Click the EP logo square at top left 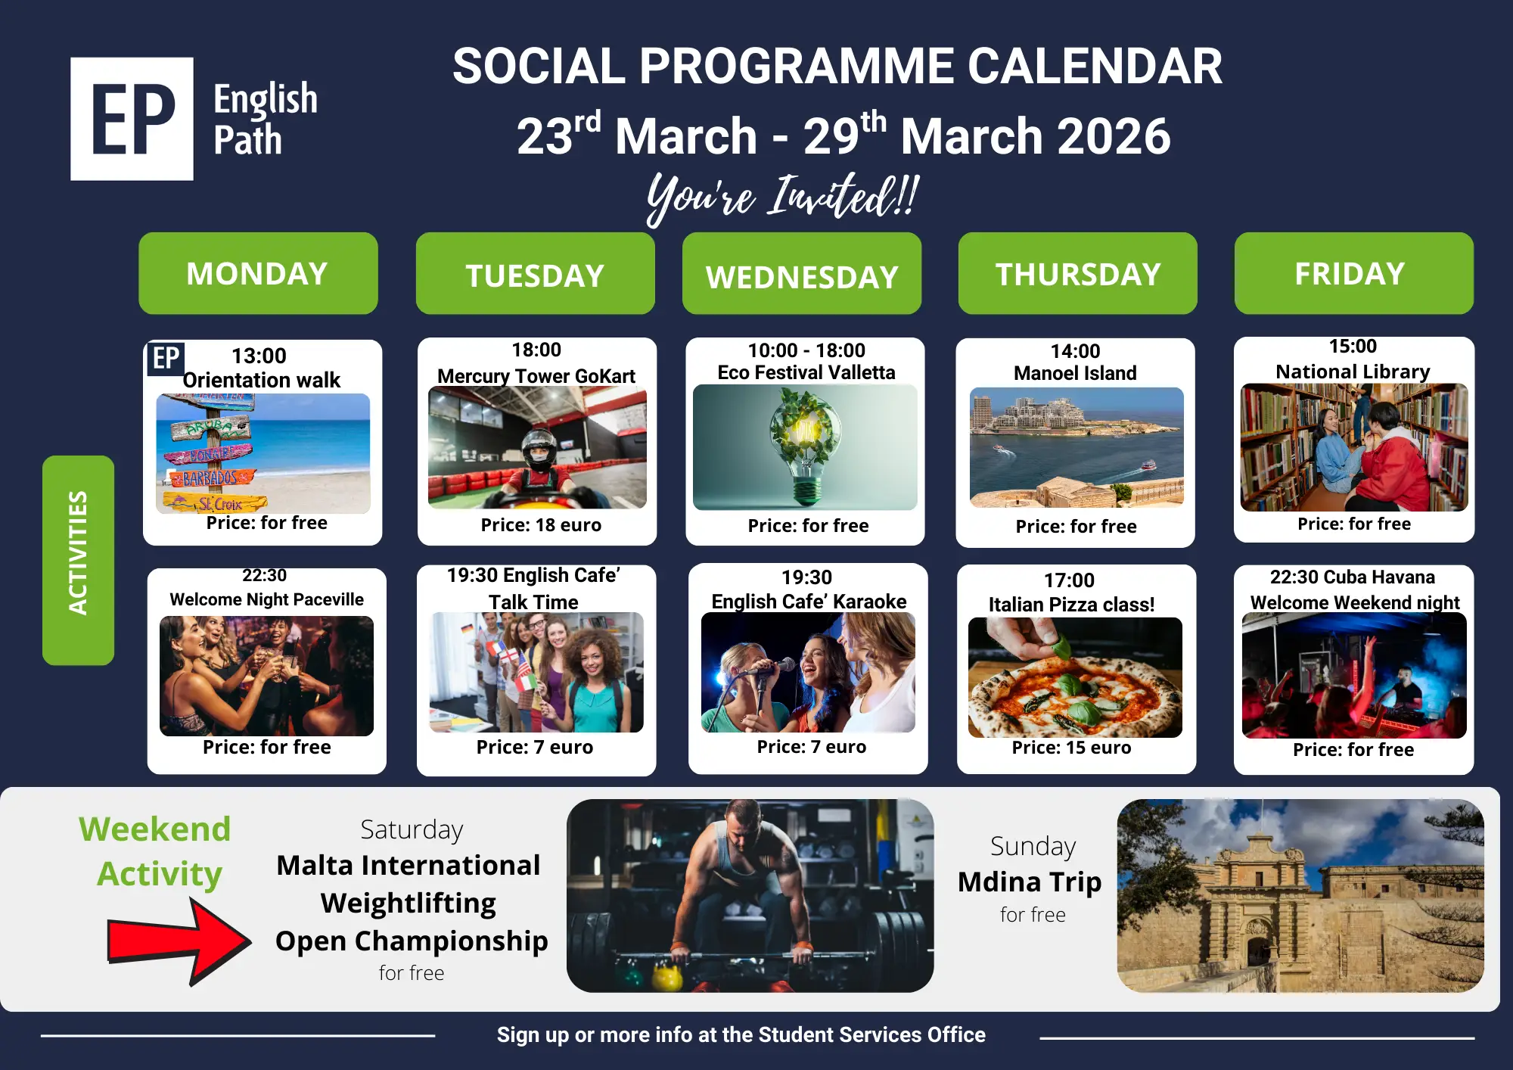(x=132, y=119)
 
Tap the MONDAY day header (x=258, y=273)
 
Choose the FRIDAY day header (x=1354, y=273)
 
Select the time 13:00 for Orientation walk (x=259, y=356)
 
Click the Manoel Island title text (x=1075, y=373)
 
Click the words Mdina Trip (x=1030, y=882)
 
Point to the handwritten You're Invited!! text (x=783, y=198)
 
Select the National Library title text (x=1353, y=372)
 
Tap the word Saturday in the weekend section (x=412, y=830)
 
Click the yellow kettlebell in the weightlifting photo (x=667, y=977)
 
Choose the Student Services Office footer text (x=871, y=1034)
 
